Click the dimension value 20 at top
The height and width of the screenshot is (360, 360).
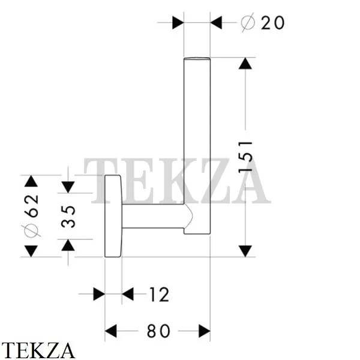point(272,23)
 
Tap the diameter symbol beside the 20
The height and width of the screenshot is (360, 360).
point(248,23)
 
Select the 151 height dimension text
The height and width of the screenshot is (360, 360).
point(245,157)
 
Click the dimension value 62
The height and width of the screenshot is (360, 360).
point(31,206)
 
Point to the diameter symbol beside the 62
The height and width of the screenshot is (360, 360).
point(31,231)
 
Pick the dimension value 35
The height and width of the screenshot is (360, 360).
point(68,217)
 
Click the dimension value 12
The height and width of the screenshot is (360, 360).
point(159,295)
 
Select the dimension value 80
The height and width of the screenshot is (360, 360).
point(158,331)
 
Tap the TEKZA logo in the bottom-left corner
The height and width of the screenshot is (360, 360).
point(38,350)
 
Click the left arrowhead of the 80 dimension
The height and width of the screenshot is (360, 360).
point(110,331)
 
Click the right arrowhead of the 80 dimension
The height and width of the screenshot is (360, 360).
point(205,331)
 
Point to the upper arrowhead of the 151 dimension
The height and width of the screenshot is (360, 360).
point(245,64)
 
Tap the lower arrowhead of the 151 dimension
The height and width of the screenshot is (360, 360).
point(245,251)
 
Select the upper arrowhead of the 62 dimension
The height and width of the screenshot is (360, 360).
point(31,181)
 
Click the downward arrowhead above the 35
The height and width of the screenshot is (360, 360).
point(68,187)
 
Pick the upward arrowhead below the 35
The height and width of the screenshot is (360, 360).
point(68,245)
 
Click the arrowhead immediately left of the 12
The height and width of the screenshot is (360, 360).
point(128,294)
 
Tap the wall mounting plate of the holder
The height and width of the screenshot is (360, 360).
point(113,216)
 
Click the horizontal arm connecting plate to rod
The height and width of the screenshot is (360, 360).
point(154,216)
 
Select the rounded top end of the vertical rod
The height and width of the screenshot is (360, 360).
point(197,59)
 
